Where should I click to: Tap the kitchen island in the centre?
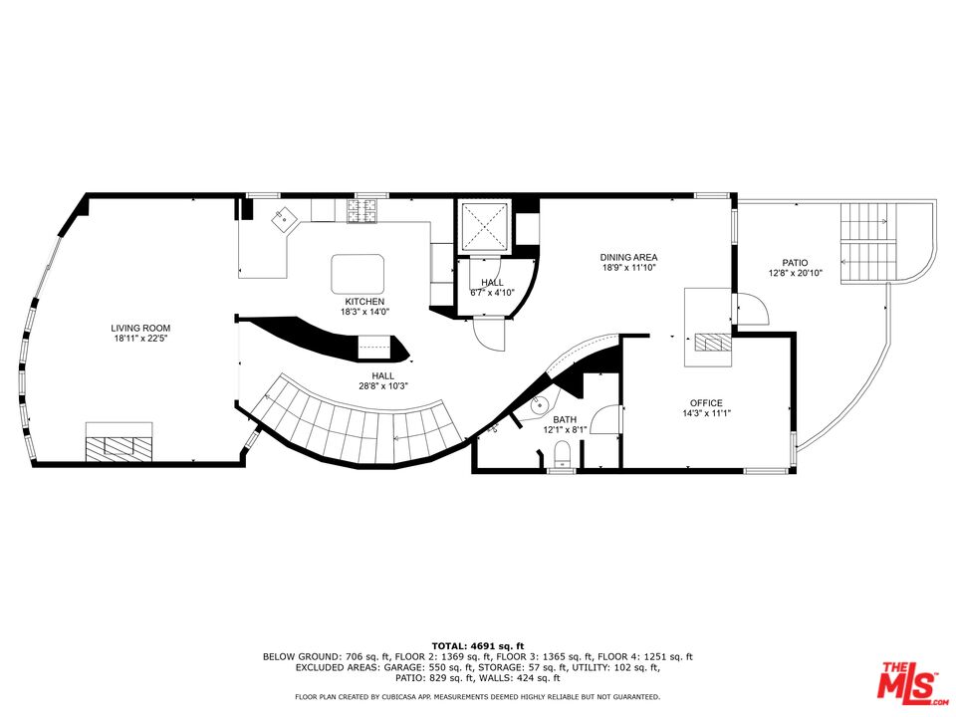tap(358, 271)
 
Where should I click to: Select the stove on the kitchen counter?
tap(359, 210)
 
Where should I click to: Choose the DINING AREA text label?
tap(628, 257)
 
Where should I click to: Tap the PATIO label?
tap(795, 263)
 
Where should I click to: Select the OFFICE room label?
tap(706, 403)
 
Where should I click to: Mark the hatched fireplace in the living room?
tap(118, 445)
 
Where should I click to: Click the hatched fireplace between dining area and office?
tap(711, 344)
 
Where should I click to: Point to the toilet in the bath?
tap(561, 457)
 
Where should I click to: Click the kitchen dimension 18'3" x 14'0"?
tap(364, 312)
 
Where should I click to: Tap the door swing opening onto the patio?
tap(752, 310)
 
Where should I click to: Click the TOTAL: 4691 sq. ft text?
tap(477, 646)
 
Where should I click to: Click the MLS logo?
tap(907, 681)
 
